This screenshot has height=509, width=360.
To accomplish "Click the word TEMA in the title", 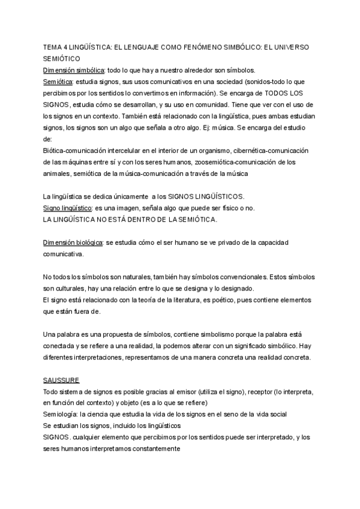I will pos(53,47).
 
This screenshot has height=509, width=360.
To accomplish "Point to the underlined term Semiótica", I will pos(58,81).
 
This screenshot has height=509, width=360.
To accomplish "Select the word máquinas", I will pos(81,162).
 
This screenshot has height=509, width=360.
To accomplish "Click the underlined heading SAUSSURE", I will pos(62,380).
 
